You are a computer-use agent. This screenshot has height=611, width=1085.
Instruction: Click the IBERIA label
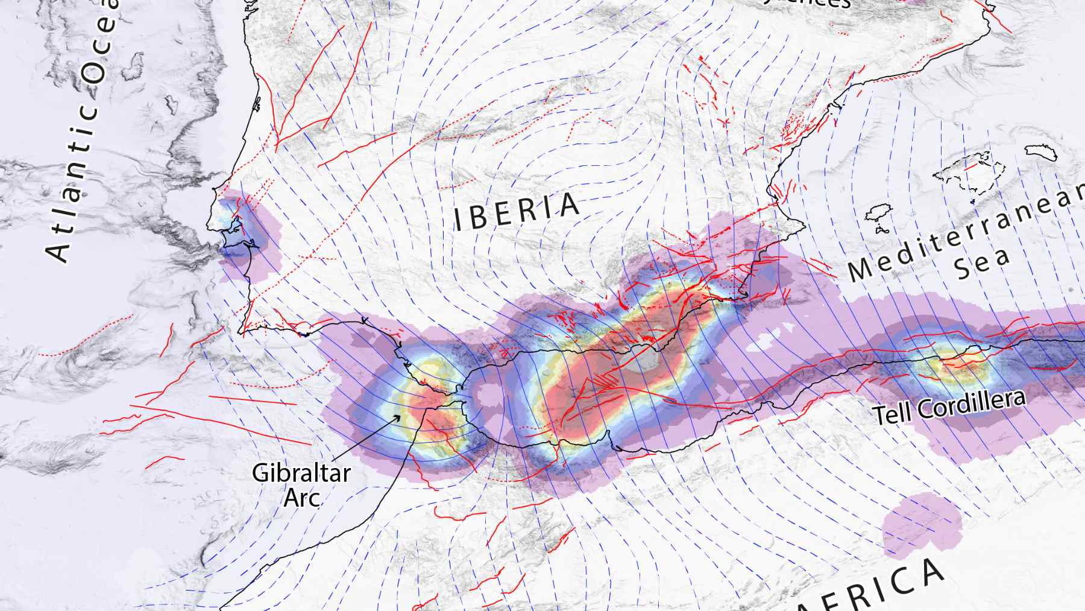(517, 212)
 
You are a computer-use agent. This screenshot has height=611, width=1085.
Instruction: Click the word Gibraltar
(301, 473)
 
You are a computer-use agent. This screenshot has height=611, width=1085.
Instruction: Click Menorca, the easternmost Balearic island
(1041, 151)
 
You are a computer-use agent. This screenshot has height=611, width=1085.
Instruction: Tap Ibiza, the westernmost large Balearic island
(879, 213)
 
